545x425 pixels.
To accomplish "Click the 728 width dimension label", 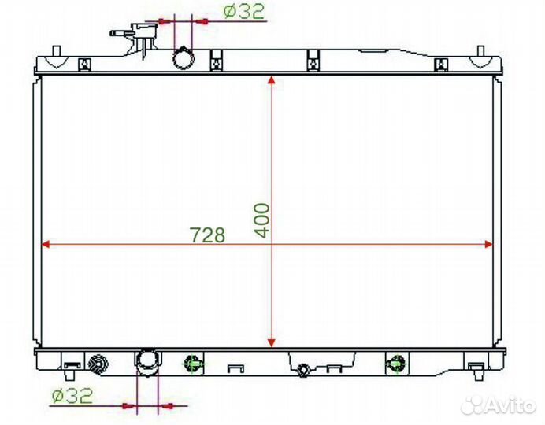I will [x=208, y=234].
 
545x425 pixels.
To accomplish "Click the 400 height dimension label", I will [x=262, y=220].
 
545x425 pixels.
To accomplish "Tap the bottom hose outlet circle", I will [x=147, y=361].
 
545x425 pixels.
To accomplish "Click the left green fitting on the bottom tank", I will [x=192, y=363].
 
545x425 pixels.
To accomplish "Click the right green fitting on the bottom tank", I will [x=394, y=363].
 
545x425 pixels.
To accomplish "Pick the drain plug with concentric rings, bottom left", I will [x=99, y=363].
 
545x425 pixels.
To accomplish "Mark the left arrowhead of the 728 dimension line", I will [x=46, y=244].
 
